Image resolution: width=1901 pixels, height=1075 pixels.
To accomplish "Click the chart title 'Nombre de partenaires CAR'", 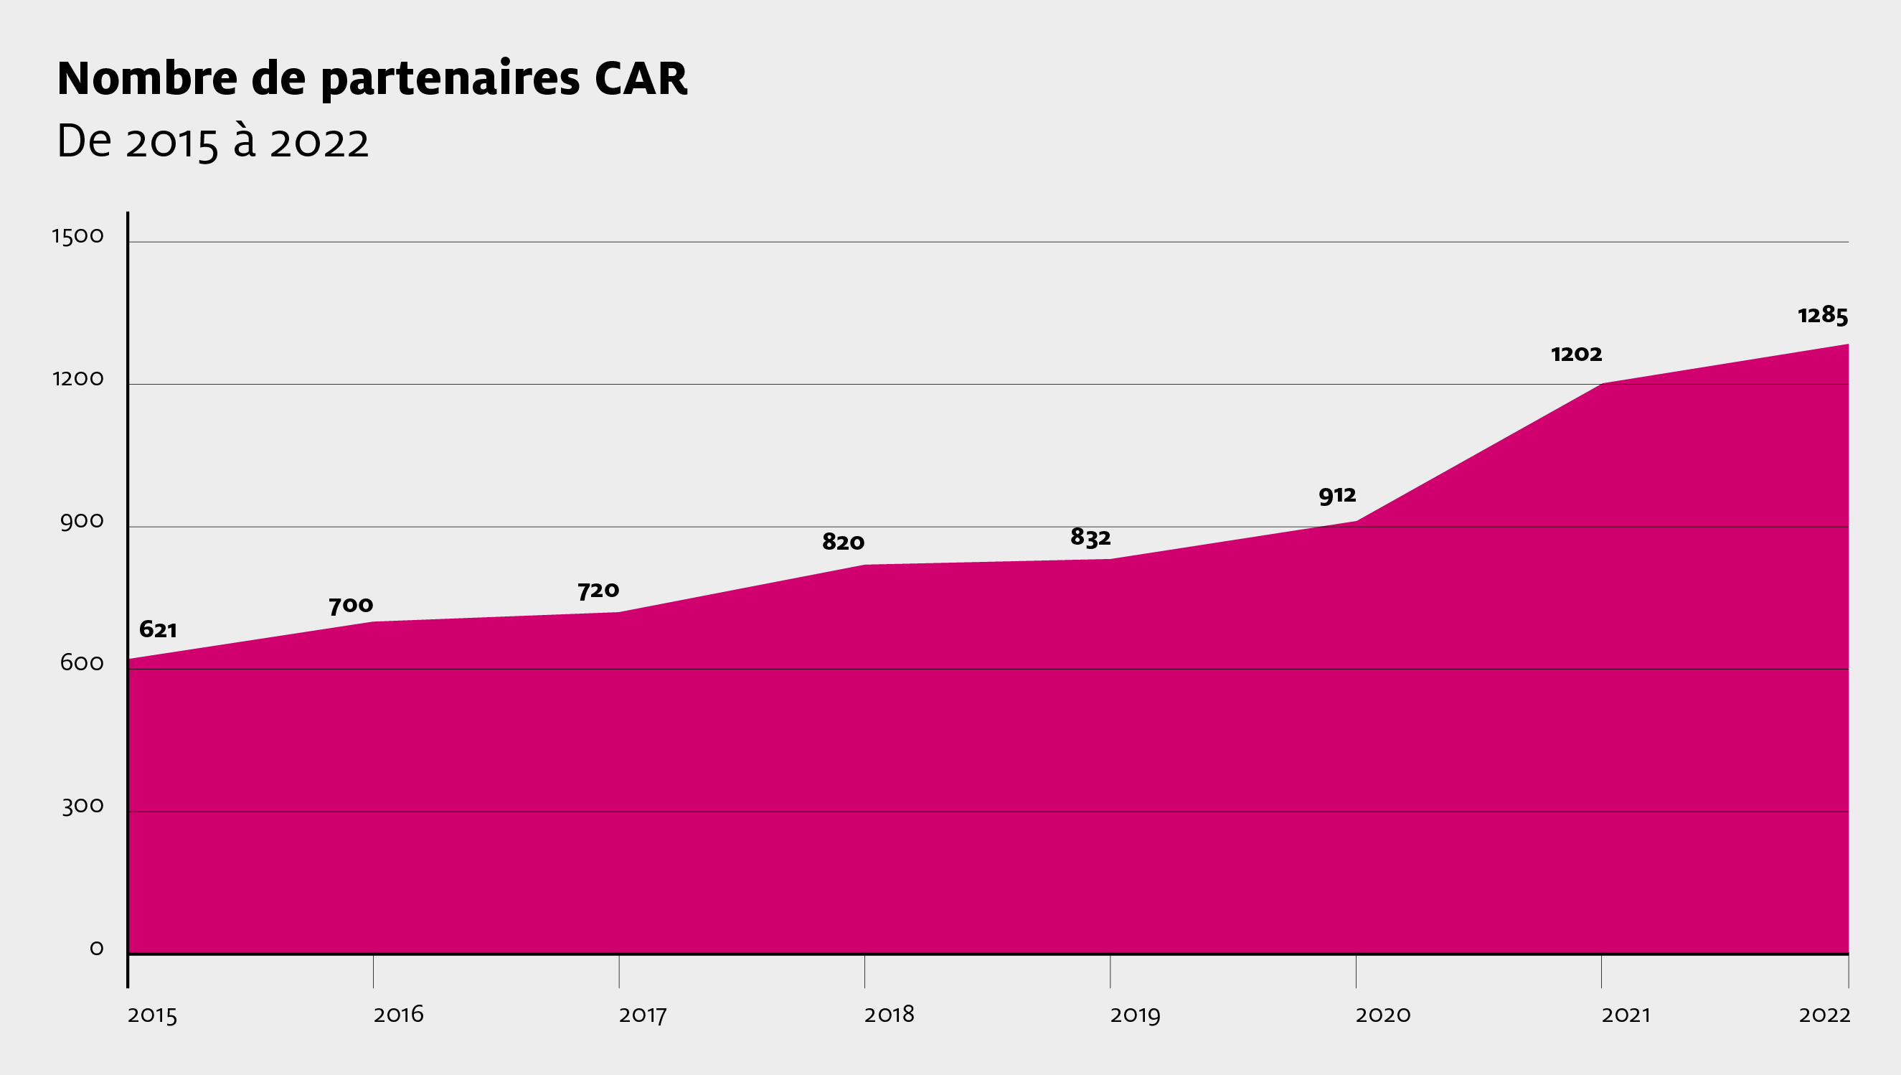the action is point(372,79).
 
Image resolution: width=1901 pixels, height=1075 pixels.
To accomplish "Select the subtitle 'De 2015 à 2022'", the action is point(212,142).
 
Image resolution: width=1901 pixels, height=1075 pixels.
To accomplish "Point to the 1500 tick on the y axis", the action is point(77,236).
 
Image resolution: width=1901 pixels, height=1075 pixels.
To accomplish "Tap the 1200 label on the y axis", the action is point(77,379).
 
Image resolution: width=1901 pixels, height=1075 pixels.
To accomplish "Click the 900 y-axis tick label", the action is point(82,522).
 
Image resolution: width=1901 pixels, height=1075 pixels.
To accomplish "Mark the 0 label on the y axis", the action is point(97,948).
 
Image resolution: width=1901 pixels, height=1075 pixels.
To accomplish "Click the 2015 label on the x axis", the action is point(152,1015).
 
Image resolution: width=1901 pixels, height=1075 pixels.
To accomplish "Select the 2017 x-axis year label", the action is point(643,1015).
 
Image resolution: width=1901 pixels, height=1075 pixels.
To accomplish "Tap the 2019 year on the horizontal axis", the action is point(1135,1015).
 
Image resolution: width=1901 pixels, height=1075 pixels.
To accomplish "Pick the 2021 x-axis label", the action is point(1626,1015).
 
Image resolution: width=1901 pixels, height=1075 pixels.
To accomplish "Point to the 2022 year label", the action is point(1824,1015).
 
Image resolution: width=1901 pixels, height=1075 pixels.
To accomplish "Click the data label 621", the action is point(158,630).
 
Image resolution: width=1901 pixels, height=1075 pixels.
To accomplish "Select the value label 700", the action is point(352,606).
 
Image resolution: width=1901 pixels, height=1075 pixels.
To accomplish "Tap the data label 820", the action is point(843,543).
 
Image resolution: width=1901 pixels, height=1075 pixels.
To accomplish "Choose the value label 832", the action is point(1090,537).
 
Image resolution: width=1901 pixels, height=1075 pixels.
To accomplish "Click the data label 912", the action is point(1337,495).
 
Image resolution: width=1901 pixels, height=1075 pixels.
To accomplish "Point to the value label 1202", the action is point(1576,355).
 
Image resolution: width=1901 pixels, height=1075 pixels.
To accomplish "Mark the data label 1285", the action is point(1823,316).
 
